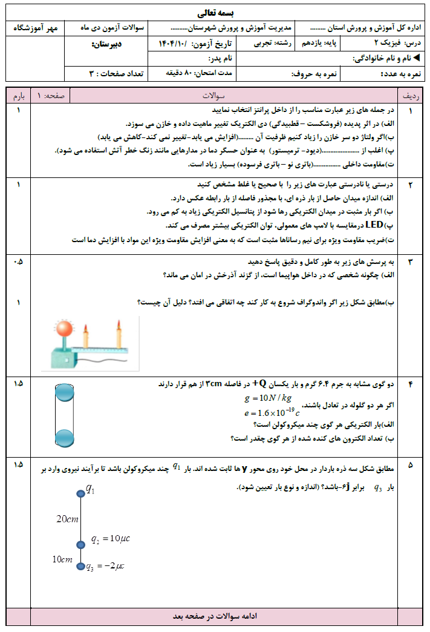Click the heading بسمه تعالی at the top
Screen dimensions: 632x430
215,13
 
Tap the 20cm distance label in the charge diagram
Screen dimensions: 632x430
67,519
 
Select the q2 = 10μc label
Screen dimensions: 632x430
111,539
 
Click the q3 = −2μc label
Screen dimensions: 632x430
105,567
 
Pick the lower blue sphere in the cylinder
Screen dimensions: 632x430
64,437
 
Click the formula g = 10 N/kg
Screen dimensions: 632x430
267,398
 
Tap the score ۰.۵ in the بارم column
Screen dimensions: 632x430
18,262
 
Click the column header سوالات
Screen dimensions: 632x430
213,96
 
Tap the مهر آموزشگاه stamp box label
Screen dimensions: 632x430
37,28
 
